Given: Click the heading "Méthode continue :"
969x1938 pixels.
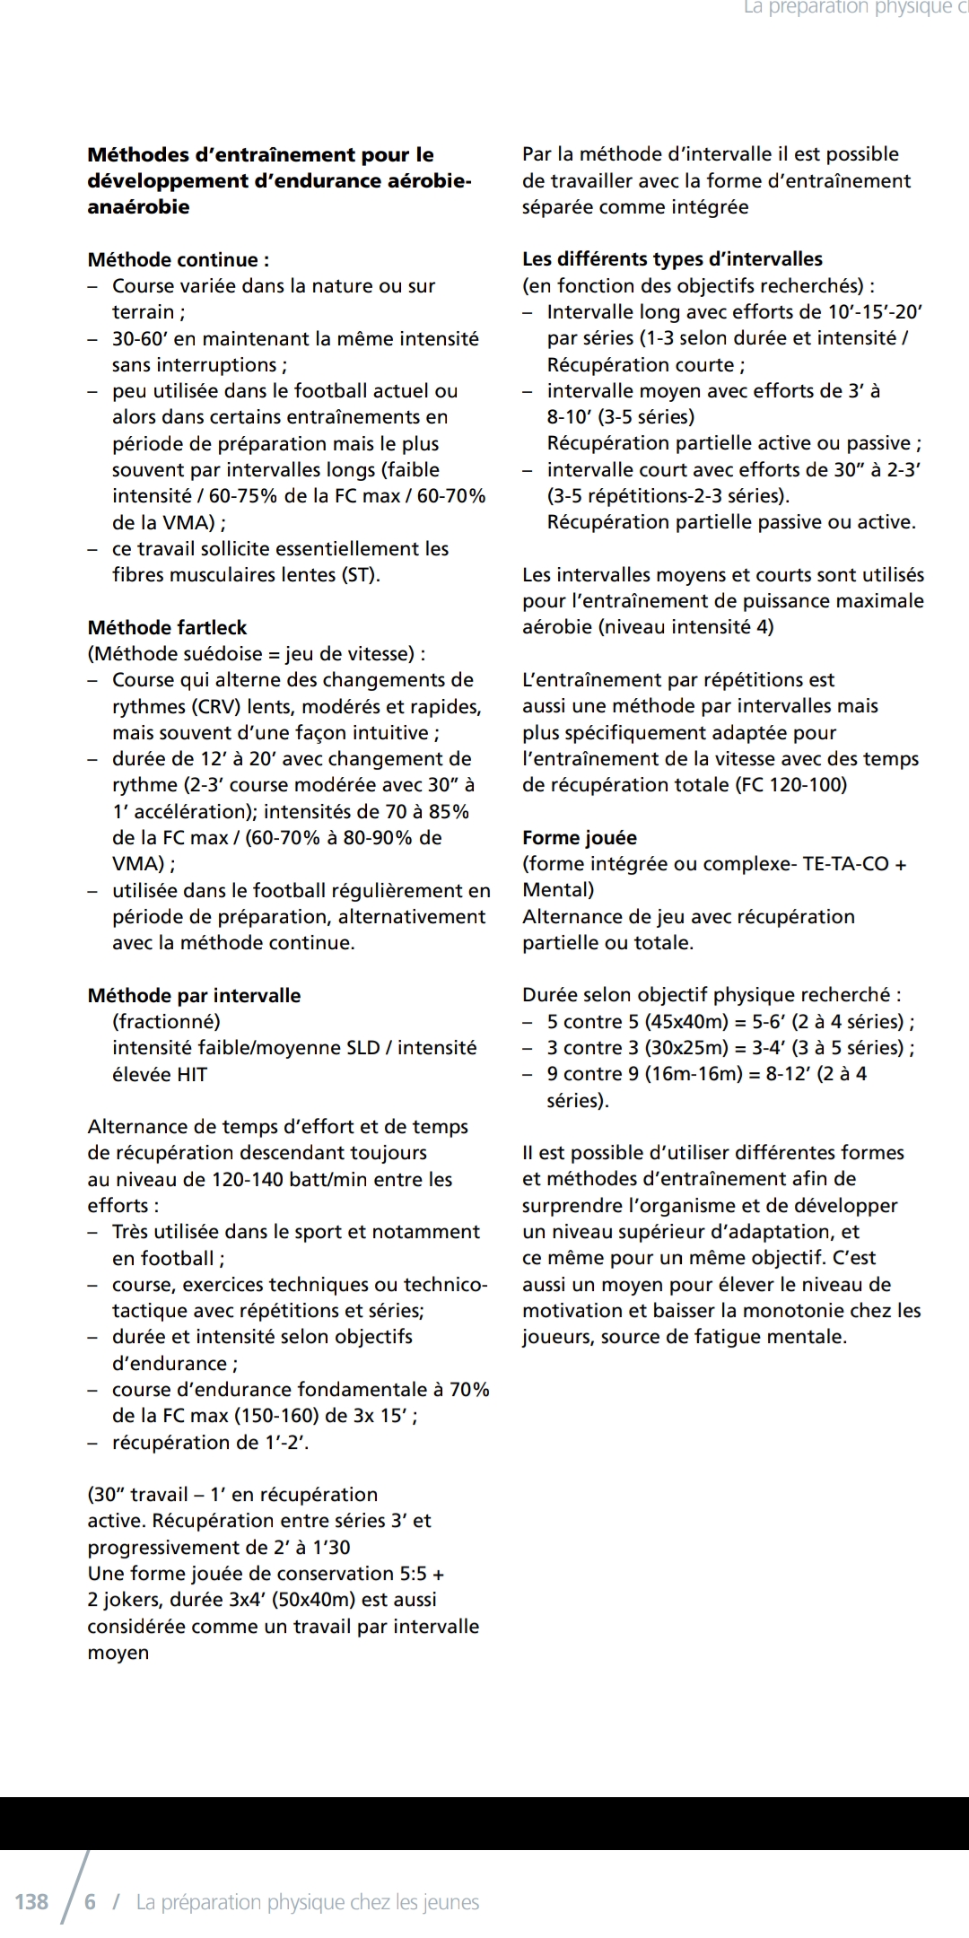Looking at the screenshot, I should [178, 260].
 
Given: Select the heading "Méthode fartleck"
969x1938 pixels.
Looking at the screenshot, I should [167, 628].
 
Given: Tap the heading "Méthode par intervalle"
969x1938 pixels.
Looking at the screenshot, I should [194, 996].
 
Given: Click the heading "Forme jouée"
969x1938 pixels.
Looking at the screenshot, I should [580, 838].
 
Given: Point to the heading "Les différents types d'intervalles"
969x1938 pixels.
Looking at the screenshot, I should [672, 259].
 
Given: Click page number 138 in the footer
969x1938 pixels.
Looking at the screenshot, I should [32, 1902].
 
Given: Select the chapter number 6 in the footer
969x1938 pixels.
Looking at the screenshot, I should [90, 1902].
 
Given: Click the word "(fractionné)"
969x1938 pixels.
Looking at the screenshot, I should [166, 1022].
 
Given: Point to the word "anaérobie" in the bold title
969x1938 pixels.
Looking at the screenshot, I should [138, 207].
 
